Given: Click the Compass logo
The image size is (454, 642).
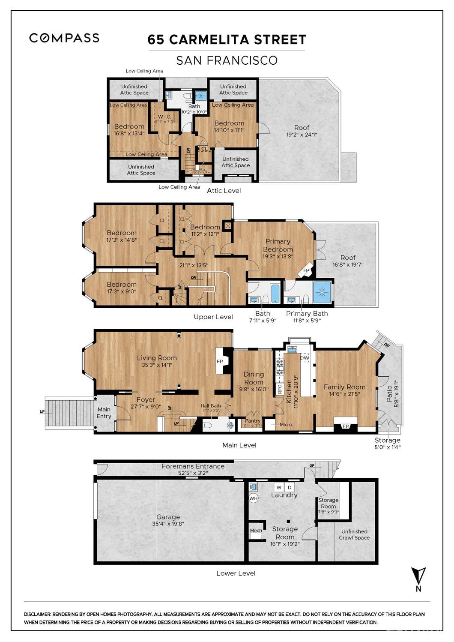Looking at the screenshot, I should coord(64,38).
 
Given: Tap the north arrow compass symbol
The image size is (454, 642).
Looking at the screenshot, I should coord(418,576).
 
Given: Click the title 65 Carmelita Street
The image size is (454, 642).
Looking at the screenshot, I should coord(227,40).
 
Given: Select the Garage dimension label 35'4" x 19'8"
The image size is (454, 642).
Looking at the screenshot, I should coord(168,523).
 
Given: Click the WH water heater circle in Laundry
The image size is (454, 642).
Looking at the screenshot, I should coord(254,498).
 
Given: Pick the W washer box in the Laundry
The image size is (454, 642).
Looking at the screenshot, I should coord(279,487).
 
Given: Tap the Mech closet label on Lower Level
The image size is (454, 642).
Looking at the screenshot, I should coord(256,531).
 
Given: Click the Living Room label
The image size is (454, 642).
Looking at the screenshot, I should coord(157,358).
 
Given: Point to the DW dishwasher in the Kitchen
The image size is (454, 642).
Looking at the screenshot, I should coord(305,358).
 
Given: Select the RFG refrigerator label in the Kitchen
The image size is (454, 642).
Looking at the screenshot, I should coord(280,389).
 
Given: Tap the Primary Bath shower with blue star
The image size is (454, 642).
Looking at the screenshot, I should coord(322,292).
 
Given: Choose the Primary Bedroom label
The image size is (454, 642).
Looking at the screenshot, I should coord(278,245).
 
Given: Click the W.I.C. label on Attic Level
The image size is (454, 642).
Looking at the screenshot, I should coord(164,117).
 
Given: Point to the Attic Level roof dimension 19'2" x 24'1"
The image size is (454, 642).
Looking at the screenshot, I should coord(302,135).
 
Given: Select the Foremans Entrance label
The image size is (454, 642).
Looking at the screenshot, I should coord(193,466).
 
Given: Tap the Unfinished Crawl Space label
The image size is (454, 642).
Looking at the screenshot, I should coord(354,534).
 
